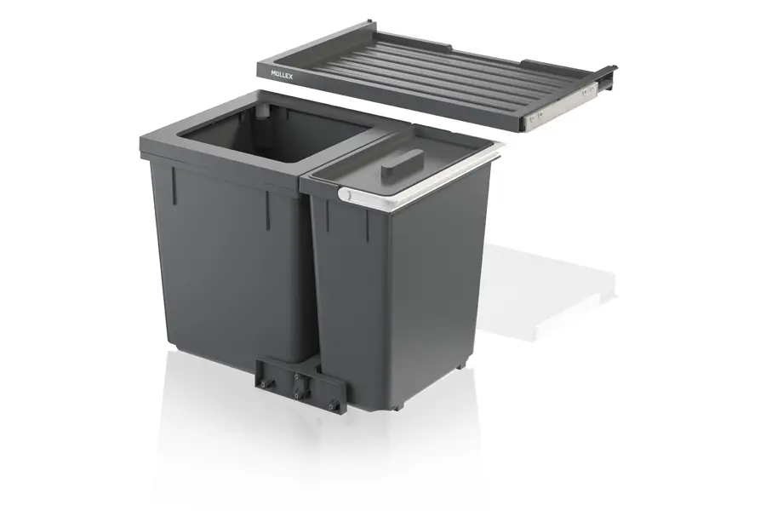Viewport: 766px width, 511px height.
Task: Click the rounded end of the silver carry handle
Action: click(x=345, y=194)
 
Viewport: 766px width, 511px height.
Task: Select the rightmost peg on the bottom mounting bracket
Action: click(x=334, y=405)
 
